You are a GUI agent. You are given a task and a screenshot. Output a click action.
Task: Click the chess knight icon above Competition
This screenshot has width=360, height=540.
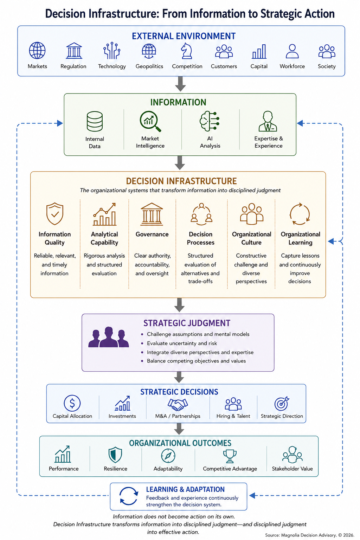coord(187,51)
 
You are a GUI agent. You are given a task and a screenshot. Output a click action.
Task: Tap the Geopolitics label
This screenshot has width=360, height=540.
coord(149,66)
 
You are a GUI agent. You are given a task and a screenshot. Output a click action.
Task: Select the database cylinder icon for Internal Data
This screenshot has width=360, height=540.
coord(95,121)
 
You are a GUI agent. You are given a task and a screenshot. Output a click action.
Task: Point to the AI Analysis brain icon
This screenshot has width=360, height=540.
coord(210,121)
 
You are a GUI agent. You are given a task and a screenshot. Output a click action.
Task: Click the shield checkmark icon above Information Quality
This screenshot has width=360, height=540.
coord(55,214)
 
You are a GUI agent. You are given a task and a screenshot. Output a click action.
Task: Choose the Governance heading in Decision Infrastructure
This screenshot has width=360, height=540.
coord(152,234)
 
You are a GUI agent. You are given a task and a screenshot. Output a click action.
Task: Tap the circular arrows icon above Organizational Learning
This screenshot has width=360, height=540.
coord(300,214)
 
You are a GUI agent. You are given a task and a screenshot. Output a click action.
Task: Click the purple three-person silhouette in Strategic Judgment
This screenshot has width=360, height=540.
coord(109,337)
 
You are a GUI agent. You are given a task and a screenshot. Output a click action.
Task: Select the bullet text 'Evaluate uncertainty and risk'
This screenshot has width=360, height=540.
coord(182,343)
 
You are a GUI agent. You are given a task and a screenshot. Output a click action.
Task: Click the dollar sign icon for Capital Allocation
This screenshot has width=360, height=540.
coord(72,403)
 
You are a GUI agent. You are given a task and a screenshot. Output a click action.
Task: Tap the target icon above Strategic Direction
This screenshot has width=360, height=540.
coord(282,403)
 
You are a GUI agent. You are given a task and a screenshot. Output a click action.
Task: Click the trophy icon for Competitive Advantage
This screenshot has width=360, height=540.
coord(230,456)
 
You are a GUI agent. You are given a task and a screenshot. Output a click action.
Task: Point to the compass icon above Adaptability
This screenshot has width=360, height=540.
coord(168,456)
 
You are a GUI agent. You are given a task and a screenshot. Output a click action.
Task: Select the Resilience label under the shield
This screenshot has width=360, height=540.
coord(116,469)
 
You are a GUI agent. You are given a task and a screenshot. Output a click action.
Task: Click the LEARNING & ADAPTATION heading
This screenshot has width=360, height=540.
coord(185,489)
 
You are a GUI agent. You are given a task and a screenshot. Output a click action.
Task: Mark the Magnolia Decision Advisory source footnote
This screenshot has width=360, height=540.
coord(310,535)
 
